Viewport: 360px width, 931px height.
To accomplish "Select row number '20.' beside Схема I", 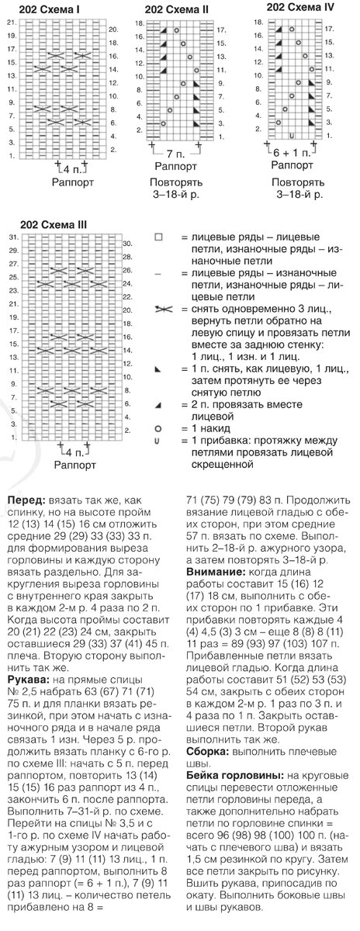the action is coord(112,29).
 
